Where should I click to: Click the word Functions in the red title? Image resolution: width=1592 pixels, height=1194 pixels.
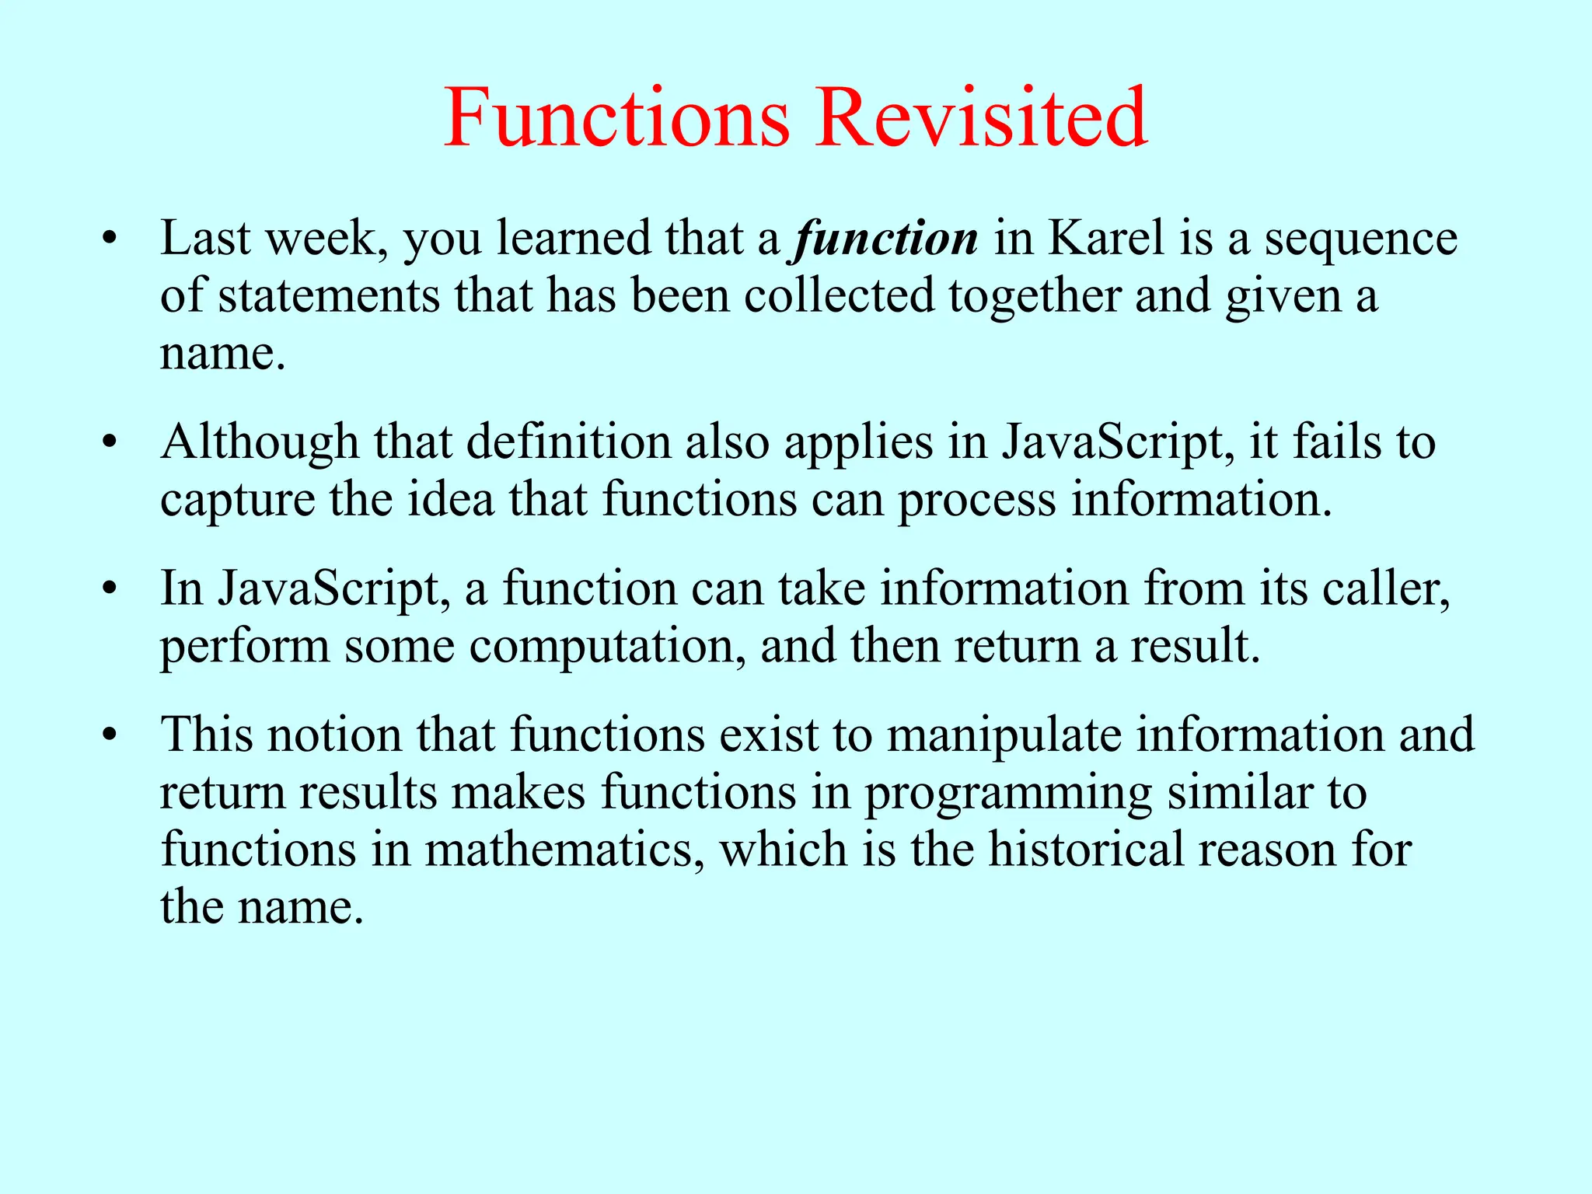tap(616, 118)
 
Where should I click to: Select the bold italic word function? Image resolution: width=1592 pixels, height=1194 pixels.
tap(886, 239)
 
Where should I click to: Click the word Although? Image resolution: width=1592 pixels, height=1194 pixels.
tap(260, 443)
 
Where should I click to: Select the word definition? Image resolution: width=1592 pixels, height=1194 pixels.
tap(568, 442)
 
